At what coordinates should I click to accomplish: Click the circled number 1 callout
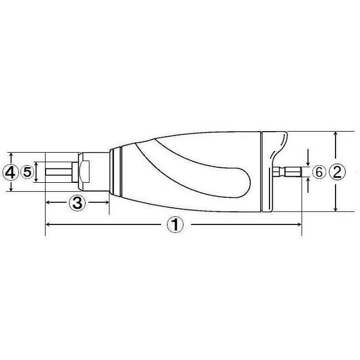176,225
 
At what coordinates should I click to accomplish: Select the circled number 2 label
337,172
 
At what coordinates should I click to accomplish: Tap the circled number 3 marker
77,203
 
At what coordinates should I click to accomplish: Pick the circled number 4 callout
11,173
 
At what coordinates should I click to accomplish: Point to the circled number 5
27,172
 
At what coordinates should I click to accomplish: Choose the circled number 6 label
319,172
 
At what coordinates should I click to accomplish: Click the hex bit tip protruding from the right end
287,172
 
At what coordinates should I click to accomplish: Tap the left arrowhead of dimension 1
48,224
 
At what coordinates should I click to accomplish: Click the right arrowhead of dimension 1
298,224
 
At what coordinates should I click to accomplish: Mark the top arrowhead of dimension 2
336,134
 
